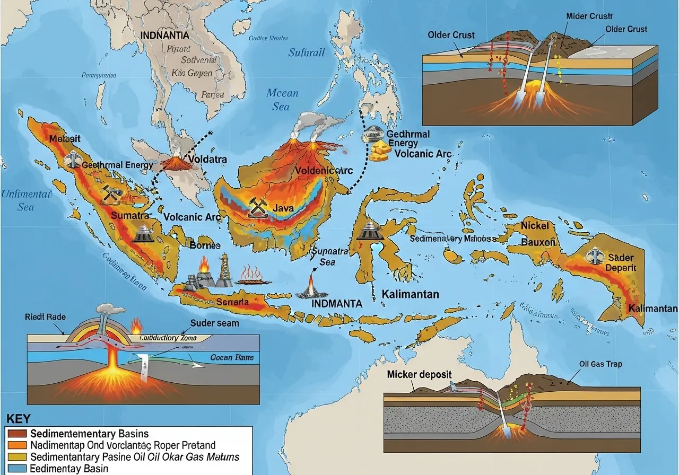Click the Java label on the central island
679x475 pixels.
[283, 208]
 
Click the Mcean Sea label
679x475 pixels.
[282, 100]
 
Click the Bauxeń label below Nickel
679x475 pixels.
[538, 242]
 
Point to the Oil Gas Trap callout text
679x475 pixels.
[600, 364]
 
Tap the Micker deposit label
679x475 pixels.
[419, 374]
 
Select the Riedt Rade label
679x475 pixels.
[45, 317]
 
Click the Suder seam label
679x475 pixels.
[214, 323]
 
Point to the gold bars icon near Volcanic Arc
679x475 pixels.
[379, 151]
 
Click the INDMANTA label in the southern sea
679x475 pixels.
[336, 304]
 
